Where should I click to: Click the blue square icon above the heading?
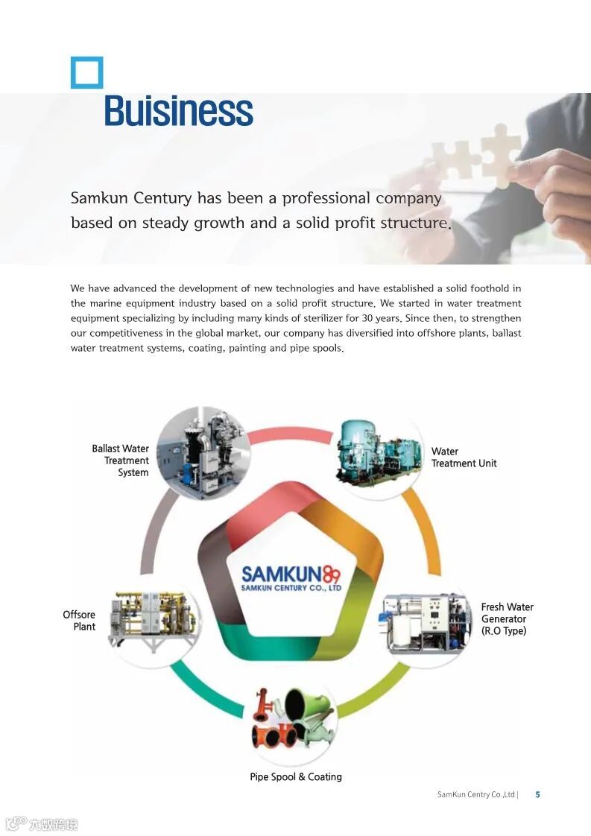click(x=87, y=73)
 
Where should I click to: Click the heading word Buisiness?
click(x=179, y=111)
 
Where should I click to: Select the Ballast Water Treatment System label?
click(x=121, y=460)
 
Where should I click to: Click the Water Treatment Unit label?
click(x=464, y=457)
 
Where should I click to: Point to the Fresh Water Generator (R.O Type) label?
click(x=507, y=619)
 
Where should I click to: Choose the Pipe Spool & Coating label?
click(x=296, y=777)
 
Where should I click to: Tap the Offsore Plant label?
click(x=80, y=621)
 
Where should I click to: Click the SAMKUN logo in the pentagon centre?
click(x=291, y=578)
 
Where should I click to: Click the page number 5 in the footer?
click(x=538, y=794)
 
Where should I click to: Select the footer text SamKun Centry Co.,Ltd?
click(x=476, y=794)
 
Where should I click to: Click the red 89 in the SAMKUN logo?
click(x=332, y=574)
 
